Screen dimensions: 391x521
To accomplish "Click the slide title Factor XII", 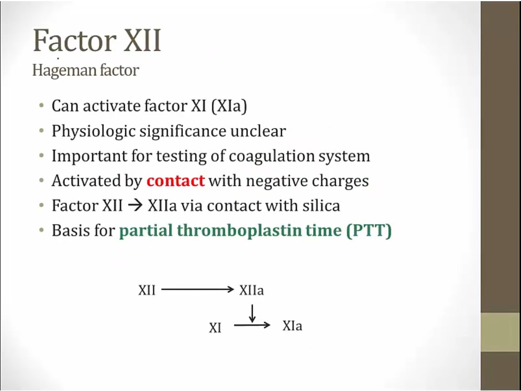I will coord(97,41).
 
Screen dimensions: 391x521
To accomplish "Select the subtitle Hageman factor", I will coord(85,71).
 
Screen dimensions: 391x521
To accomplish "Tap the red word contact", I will coord(175,181).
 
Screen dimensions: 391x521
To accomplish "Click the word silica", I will coord(321,206).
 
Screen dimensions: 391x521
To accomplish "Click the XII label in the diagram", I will coord(147,290).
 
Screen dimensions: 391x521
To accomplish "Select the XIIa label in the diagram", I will coord(251,290).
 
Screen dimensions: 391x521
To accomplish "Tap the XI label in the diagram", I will coord(215,328).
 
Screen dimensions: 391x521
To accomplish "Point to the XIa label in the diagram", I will coord(292,326).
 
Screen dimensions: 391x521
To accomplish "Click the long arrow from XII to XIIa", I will coord(197,290).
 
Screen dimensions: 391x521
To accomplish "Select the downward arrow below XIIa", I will coord(252,313).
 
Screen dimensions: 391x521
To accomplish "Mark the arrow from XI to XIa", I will coord(252,326).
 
